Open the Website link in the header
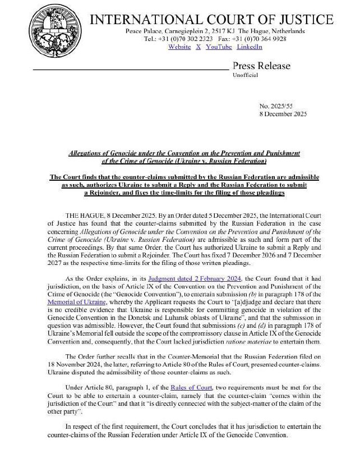(179, 47)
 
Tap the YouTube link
(218, 47)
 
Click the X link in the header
(199, 47)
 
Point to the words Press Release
(261, 66)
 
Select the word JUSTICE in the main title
(303, 20)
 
